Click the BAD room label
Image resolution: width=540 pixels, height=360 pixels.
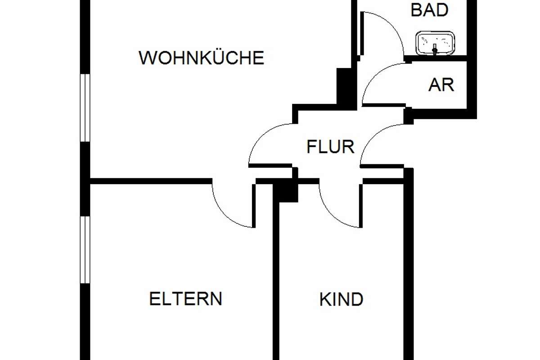click(429, 10)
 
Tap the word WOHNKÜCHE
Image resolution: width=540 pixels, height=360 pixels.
click(201, 58)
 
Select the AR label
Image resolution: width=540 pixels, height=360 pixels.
click(441, 85)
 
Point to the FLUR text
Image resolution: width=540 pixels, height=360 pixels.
click(330, 147)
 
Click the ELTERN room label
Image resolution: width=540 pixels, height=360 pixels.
click(185, 299)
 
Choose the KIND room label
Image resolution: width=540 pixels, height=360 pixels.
click(342, 299)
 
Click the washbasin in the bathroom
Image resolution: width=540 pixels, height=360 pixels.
click(435, 43)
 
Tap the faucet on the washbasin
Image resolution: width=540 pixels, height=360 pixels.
click(435, 49)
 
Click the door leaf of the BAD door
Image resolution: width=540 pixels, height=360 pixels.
click(362, 34)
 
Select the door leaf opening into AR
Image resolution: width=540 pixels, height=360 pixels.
click(384, 105)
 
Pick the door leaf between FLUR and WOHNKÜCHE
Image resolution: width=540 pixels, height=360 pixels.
click(270, 166)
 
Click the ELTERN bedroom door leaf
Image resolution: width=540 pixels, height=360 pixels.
click(254, 206)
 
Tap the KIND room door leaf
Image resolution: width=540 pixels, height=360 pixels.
click(360, 206)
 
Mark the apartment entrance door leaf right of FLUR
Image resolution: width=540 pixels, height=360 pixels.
click(382, 166)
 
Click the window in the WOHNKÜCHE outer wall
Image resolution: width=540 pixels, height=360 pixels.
click(85, 108)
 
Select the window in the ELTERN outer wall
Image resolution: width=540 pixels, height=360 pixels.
click(85, 250)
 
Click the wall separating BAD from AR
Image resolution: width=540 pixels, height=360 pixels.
click(436, 58)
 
